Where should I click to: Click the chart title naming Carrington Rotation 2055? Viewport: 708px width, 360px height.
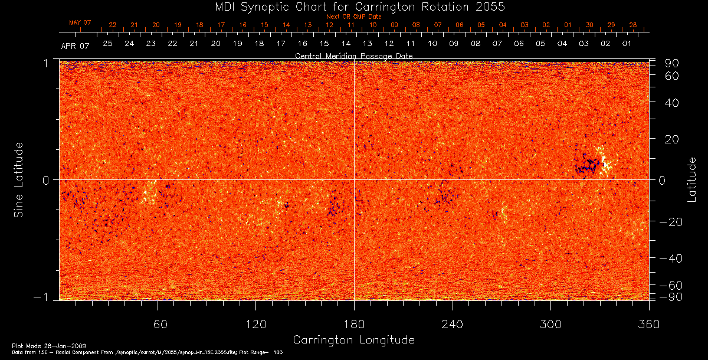(353, 6)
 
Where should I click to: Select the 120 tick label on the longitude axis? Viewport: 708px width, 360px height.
(255, 325)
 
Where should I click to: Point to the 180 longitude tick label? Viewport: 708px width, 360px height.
(353, 325)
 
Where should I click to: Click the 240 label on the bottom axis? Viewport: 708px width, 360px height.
(452, 325)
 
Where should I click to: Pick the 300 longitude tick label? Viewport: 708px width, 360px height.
(550, 325)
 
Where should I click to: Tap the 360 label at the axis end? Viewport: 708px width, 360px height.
(648, 325)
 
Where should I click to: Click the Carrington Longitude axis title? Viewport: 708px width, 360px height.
(353, 340)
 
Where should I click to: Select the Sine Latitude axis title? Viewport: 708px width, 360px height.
(19, 179)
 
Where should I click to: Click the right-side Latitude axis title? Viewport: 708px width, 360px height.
(691, 179)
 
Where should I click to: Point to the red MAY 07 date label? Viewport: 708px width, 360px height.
(80, 22)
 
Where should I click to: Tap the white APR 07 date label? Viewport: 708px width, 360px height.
(75, 46)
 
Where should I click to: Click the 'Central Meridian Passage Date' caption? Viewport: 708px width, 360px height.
(353, 56)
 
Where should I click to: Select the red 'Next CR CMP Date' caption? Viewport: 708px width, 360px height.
(353, 17)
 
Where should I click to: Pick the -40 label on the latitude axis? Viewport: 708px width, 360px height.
(670, 258)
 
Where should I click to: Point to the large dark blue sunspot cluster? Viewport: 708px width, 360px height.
(586, 165)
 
